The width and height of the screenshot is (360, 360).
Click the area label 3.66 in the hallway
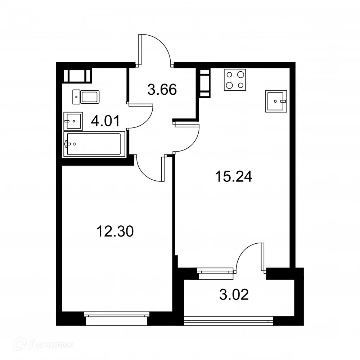pos(162,90)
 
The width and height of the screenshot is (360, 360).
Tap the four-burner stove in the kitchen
pos(235,79)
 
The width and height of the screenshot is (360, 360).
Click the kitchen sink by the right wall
pos(276,101)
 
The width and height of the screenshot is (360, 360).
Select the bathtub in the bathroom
pos(94,144)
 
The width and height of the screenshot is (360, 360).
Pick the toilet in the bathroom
pos(86,97)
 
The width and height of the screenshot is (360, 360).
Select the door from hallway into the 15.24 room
pos(187,139)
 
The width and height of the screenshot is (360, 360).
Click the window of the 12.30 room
pos(116,315)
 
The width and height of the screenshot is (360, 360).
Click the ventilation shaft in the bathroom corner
pos(77,76)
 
